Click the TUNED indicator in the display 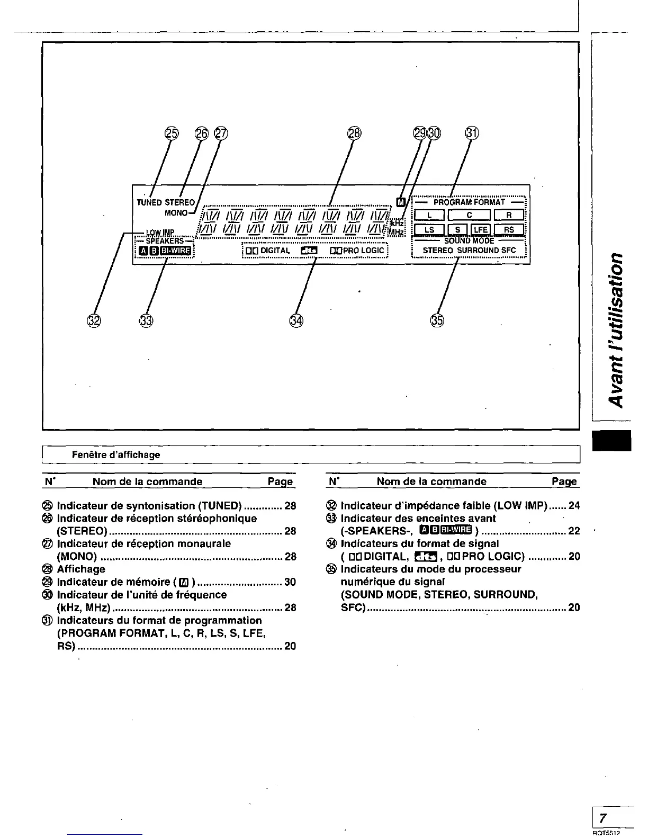point(149,202)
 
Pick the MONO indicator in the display point(176,213)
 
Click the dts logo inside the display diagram point(308,251)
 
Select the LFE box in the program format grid point(481,229)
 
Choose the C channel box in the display point(469,215)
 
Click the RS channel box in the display point(509,229)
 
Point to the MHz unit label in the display point(396,232)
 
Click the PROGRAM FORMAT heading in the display point(469,202)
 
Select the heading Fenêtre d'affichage point(116,454)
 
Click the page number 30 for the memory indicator point(290,582)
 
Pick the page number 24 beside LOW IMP point(574,505)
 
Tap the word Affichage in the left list point(81,569)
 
